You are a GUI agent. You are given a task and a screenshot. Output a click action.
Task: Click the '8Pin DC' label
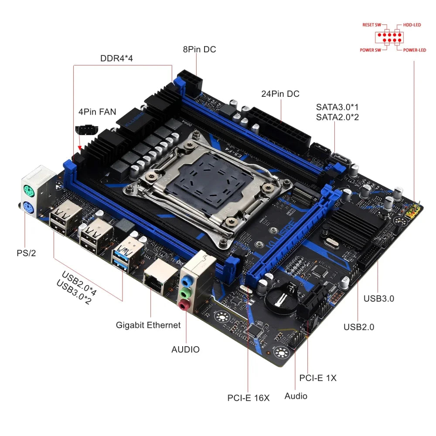199,49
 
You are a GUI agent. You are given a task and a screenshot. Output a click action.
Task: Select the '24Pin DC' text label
280,94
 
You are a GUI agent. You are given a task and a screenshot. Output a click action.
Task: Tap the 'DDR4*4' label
116,58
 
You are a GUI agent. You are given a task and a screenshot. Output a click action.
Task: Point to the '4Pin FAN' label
97,112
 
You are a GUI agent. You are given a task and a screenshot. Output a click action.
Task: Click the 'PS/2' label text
27,253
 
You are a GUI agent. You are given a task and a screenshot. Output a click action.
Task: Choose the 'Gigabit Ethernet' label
148,325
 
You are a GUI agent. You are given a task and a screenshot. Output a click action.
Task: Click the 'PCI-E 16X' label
249,398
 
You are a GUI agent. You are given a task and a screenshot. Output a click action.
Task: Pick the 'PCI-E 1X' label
318,378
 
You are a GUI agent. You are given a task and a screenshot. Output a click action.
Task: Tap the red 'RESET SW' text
371,25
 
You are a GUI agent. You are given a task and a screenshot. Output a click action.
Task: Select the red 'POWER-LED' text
414,50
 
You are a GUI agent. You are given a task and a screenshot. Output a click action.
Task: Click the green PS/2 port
27,190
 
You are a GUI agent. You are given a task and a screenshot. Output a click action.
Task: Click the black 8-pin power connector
191,79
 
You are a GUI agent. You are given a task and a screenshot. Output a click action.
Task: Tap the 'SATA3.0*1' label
337,107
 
